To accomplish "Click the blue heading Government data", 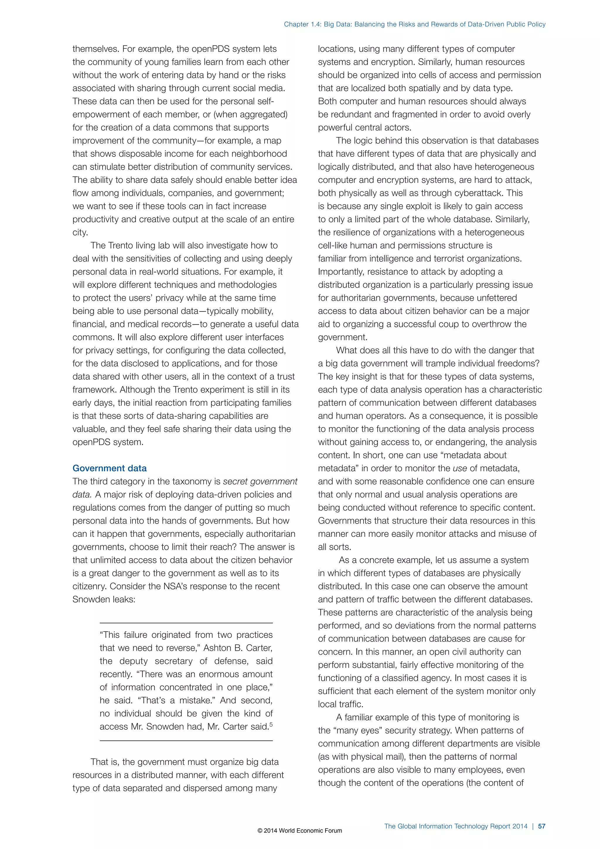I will click(109, 468).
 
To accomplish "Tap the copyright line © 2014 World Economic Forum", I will click(300, 831).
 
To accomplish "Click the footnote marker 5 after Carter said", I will click(271, 724).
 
